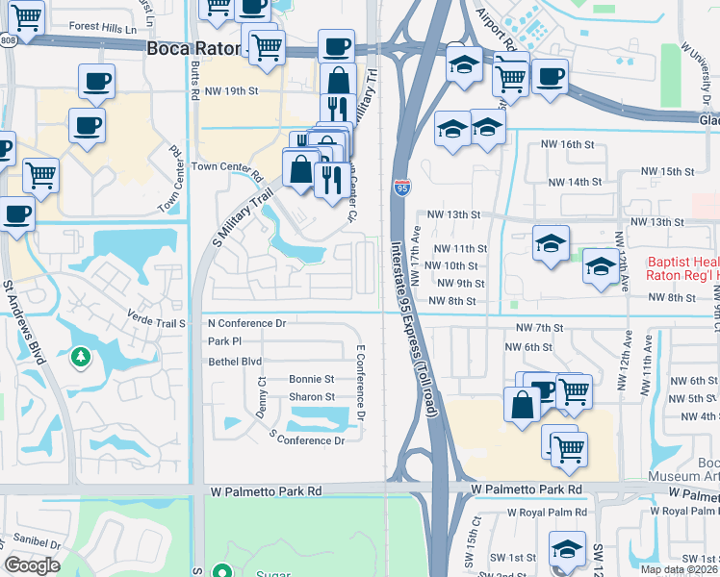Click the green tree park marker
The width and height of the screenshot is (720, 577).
pos(81,358)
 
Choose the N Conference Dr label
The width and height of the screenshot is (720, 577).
pos(246,323)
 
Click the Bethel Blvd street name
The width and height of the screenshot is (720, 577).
pos(235,362)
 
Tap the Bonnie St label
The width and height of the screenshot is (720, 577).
pos(311,380)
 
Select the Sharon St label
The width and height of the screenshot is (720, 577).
pos(312,397)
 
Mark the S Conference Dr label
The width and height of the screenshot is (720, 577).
pos(306,439)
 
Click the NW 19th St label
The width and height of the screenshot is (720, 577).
pos(232,91)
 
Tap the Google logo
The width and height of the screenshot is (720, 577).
pos(32,565)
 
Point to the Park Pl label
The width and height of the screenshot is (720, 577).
pos(223,342)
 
